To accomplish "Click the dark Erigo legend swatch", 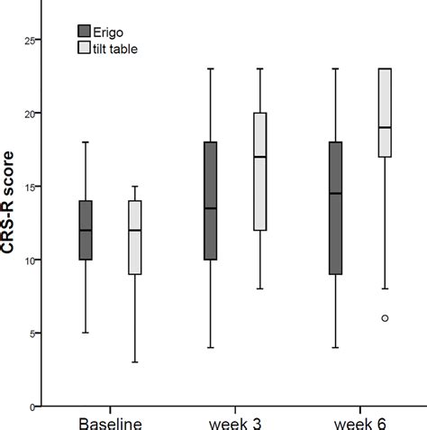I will (x=85, y=29).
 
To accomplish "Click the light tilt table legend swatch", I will (x=85, y=46).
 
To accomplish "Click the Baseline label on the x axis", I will (x=110, y=422).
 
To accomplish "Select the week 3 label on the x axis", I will (x=236, y=422).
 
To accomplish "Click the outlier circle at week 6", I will (x=386, y=318).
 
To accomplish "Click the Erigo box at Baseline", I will (x=86, y=230).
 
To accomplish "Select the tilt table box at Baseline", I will (x=135, y=237).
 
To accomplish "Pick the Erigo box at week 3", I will (x=211, y=201).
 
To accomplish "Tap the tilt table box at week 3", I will (x=260, y=171).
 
